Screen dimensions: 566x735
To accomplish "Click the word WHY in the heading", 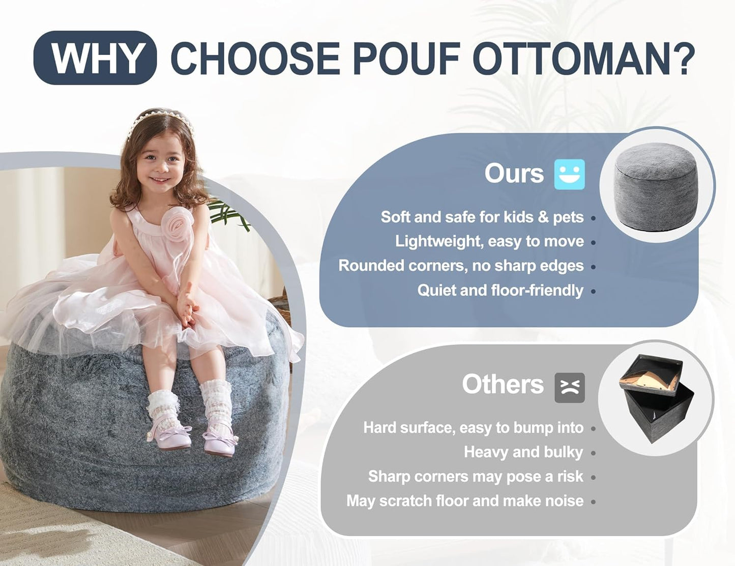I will coord(96,58).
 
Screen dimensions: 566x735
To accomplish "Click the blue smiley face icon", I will coord(569,175).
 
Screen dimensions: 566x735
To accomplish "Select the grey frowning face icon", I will coord(569,387).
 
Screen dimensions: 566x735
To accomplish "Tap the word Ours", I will coord(514,174).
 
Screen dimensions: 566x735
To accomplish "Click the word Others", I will coord(503,384).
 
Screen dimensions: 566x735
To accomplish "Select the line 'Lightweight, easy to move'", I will coord(489,241).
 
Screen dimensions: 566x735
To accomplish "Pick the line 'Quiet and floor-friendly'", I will coord(500,290).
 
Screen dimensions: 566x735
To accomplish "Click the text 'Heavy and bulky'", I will coord(523,452).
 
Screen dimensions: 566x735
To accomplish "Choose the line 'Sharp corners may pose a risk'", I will coord(475,476).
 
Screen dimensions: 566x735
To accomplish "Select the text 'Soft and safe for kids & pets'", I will coord(482,217).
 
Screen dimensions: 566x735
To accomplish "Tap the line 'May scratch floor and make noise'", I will coord(464,501).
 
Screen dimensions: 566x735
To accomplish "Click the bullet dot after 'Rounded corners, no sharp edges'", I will coord(593,267).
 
